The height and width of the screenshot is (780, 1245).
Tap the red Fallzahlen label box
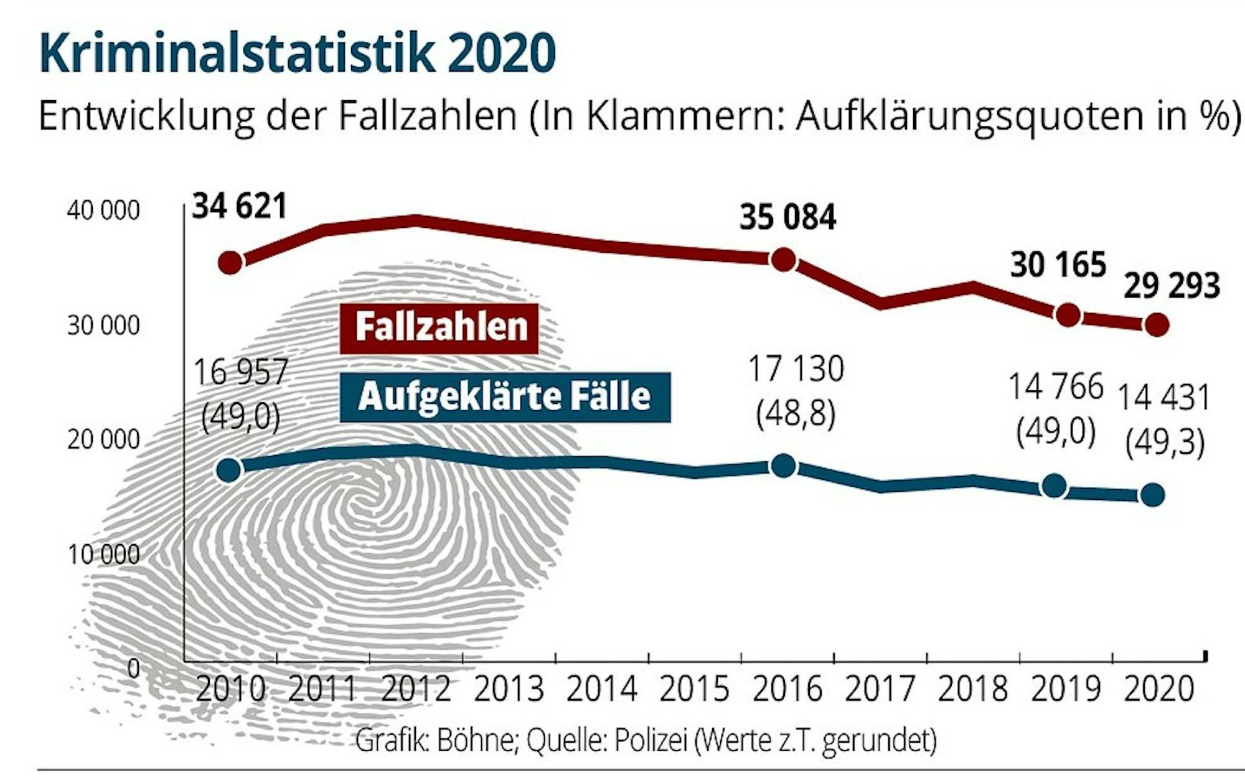[439, 328]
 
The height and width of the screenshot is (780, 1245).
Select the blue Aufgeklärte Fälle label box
[505, 397]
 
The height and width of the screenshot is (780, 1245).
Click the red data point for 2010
[230, 263]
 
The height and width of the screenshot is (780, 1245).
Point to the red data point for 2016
[783, 260]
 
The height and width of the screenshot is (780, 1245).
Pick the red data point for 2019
[1068, 316]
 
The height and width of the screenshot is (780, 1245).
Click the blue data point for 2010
[228, 470]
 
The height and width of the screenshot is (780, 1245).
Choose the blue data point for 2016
[783, 466]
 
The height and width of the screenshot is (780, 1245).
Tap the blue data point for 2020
[1152, 496]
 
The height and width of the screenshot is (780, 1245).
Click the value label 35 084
[787, 218]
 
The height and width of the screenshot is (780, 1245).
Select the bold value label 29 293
[1171, 287]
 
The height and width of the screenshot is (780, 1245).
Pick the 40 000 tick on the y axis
[103, 211]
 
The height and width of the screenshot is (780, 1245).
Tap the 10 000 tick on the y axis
[103, 554]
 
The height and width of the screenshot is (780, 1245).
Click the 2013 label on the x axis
[509, 689]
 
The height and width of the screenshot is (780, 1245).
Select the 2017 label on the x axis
[880, 689]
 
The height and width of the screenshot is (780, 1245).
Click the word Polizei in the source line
[651, 740]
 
